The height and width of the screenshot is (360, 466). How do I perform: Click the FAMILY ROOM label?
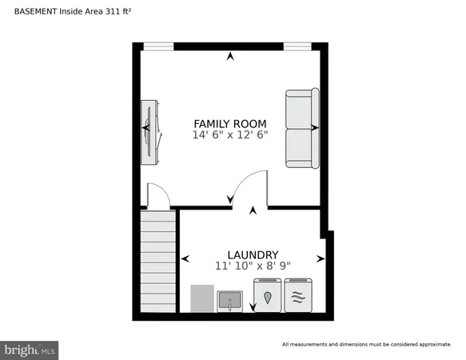point(230,123)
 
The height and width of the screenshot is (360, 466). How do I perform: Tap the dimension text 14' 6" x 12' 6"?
point(230,135)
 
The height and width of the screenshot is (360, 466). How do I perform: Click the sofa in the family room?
point(301,128)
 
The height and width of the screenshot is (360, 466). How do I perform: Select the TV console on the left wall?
point(150,131)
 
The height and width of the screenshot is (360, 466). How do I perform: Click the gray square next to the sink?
point(203,298)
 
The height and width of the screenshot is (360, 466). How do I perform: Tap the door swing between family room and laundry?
point(248,188)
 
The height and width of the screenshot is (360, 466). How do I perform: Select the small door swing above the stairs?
point(157,194)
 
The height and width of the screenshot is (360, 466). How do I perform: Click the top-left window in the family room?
point(157,46)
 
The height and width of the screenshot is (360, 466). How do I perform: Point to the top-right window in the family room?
point(298,46)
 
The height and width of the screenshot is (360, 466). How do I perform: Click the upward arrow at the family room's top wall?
point(231,56)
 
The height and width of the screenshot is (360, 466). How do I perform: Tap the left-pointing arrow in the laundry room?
point(185,258)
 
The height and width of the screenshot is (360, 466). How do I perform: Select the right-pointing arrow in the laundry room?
point(321,258)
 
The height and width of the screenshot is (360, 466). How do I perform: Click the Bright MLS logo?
point(30,349)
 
